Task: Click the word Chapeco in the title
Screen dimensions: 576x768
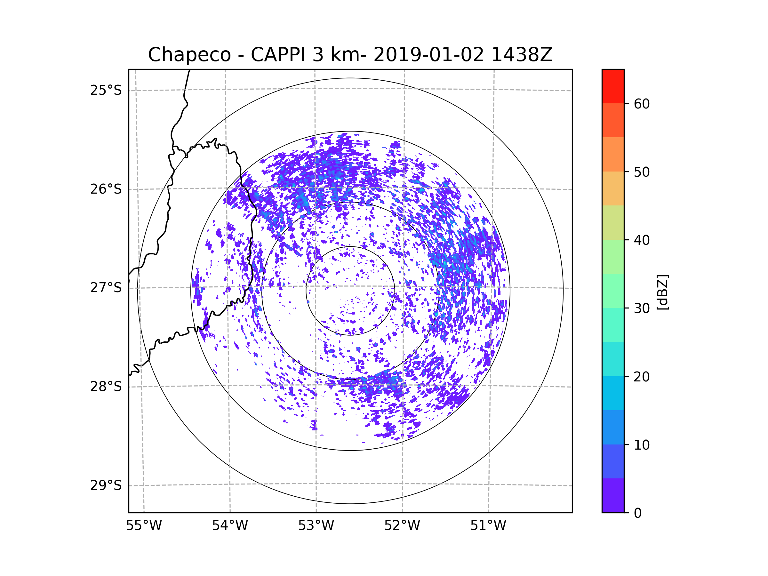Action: coord(189,55)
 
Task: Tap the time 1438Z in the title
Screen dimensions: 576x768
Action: coord(522,55)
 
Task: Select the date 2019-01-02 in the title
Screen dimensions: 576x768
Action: coord(428,55)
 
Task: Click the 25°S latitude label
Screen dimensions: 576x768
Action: coord(106,90)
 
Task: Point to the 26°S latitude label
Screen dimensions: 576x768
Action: coord(106,189)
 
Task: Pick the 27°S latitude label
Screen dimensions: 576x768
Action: coord(106,288)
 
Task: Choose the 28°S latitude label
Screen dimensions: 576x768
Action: coord(106,387)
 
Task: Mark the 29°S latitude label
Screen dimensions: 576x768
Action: coord(106,485)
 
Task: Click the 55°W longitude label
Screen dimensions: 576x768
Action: coord(144,526)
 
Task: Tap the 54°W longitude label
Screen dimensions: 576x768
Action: coord(230,526)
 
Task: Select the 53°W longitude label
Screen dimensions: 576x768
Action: coord(316,526)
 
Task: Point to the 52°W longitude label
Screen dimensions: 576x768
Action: coord(402,526)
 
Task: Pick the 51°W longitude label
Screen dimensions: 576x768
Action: coord(488,526)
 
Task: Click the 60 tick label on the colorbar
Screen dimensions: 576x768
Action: coord(642,104)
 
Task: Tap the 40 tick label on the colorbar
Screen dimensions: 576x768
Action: coord(642,240)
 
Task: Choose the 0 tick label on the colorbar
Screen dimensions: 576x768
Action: coord(638,513)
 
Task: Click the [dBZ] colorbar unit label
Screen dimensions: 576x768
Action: coord(663,292)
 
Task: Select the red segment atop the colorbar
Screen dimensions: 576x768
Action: coord(613,86)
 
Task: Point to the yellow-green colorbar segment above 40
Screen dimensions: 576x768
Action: coord(613,222)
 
